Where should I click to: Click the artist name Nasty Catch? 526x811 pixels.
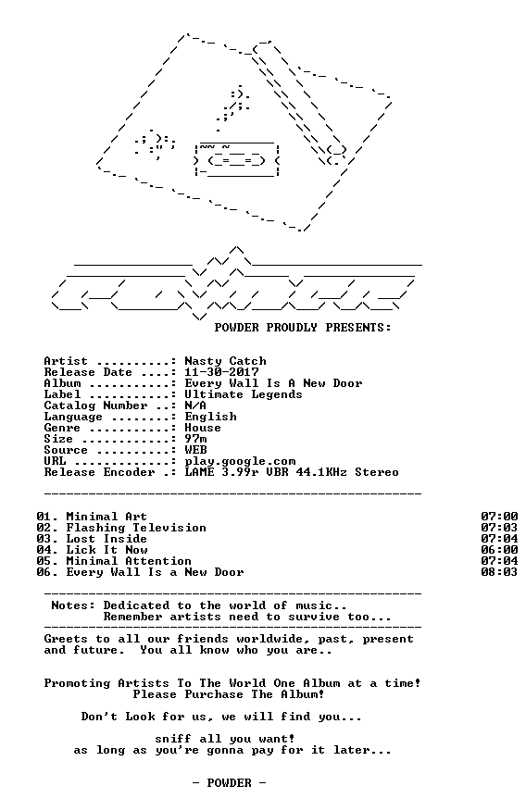point(226,361)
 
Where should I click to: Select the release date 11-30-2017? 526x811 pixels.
point(222,372)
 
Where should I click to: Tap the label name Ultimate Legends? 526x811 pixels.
point(244,394)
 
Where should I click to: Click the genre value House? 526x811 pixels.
point(203,428)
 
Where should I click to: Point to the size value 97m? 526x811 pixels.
point(195,439)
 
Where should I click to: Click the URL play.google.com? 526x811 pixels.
point(240,461)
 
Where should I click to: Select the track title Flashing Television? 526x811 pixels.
point(136,528)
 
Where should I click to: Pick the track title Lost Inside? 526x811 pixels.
point(106,539)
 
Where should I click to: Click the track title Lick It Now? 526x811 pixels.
point(106,550)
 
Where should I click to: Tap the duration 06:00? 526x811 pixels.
point(499,550)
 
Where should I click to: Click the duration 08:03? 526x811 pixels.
point(499,572)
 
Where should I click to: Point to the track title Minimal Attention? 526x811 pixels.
point(129,561)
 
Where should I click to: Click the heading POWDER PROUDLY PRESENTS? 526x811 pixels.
point(303,328)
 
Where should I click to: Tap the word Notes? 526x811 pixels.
point(73,605)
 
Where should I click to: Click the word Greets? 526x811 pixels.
point(66,639)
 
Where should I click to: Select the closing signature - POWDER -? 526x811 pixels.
point(229,783)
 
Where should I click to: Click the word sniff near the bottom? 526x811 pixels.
point(173,739)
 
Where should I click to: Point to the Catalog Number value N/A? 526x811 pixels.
point(195,405)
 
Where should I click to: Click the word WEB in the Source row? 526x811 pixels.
point(195,450)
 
